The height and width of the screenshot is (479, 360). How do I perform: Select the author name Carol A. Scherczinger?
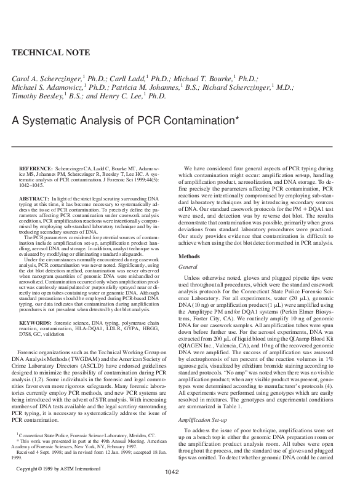click(46, 79)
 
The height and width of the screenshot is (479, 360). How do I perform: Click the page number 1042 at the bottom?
click(174, 472)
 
